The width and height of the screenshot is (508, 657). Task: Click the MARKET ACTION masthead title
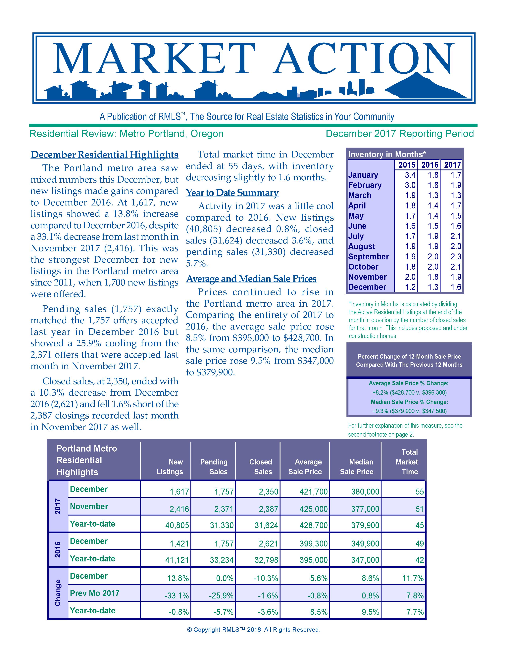pos(254,59)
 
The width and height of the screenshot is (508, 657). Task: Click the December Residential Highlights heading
pos(104,155)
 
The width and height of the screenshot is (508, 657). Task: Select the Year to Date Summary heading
pos(232,193)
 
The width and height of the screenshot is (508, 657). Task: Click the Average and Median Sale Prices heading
pos(251,279)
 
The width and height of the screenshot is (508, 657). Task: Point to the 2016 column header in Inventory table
pos(430,165)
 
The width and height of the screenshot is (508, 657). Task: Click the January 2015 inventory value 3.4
pos(410,175)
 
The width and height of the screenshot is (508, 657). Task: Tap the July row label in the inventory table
pos(356,236)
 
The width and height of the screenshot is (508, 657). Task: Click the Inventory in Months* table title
pos(387,155)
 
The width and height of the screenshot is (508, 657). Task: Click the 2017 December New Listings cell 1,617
pos(179,492)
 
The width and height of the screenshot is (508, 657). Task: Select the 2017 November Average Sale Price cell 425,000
pos(313,509)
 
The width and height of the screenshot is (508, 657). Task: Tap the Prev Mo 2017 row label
pos(94,593)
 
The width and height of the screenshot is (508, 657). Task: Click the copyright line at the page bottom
pos(254,630)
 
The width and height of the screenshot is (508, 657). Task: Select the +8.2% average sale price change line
pos(409,393)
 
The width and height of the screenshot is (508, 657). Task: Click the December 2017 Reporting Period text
pos(400,134)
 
